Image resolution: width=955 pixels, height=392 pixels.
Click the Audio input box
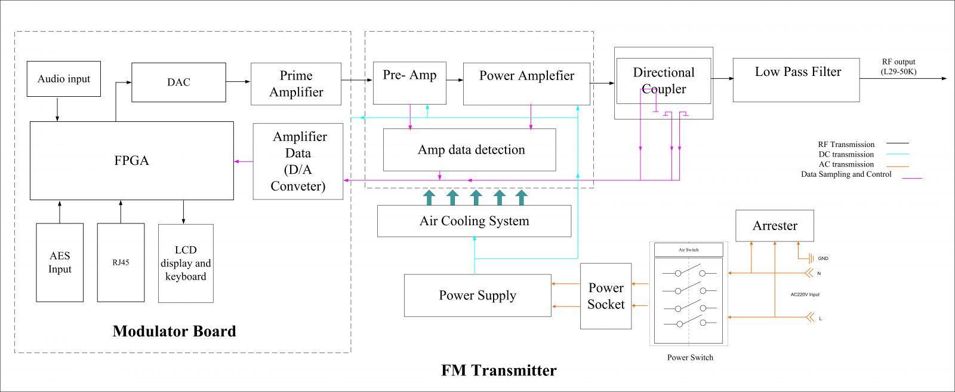[x=63, y=79]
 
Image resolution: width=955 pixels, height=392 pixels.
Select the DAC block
[x=178, y=82]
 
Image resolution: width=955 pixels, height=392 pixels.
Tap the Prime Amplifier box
[x=296, y=84]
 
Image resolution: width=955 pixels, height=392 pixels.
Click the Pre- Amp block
[x=409, y=82]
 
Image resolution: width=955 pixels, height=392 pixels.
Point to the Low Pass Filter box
[x=796, y=79]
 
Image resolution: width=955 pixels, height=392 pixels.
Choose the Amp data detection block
[x=470, y=150]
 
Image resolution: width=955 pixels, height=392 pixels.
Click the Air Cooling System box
[x=474, y=221]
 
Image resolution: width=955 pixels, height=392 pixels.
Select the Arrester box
[x=774, y=226]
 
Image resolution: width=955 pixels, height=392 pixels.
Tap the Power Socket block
[x=606, y=296]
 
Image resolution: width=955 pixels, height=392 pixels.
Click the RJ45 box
[x=121, y=262]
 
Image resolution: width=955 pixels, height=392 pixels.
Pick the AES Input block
[x=60, y=262]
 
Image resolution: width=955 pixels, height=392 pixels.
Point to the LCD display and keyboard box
[x=186, y=264]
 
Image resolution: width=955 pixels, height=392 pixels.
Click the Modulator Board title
[x=174, y=331]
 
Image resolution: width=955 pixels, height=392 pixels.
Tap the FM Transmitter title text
[x=499, y=370]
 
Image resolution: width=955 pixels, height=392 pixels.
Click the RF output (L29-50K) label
[x=898, y=66]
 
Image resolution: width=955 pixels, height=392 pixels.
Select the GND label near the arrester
[x=823, y=259]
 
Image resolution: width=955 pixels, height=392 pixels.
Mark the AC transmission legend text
[x=846, y=164]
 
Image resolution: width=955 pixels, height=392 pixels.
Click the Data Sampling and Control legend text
[x=846, y=174]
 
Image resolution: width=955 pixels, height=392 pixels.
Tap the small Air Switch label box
[x=688, y=250]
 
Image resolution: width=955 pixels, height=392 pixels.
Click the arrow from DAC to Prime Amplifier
[x=238, y=82]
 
